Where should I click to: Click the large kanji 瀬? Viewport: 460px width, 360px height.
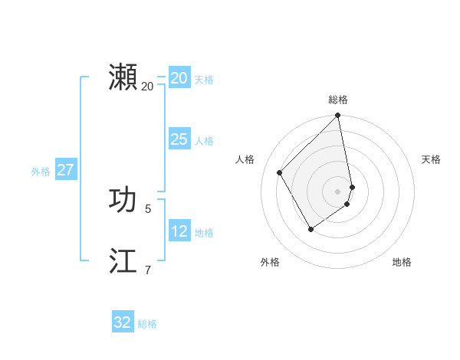[x=123, y=77]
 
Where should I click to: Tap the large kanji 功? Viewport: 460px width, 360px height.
[x=123, y=200]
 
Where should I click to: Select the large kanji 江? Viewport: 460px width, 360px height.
[x=123, y=260]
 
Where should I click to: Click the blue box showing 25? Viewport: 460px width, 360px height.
[x=179, y=139]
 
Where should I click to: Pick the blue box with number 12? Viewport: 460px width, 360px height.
[x=179, y=231]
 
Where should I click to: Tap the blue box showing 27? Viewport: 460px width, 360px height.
[x=65, y=170]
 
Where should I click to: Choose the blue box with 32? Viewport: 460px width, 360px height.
[x=123, y=322]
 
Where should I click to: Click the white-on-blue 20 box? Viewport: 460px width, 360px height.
[x=179, y=78]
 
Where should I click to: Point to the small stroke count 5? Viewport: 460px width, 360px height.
[x=148, y=208]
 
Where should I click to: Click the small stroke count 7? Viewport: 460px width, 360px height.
[x=148, y=269]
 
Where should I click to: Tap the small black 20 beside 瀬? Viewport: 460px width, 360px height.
[x=148, y=86]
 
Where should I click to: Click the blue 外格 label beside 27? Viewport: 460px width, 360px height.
[x=41, y=172]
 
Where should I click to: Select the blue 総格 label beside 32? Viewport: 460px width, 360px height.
[x=147, y=324]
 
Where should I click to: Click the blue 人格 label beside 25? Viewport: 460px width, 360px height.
[x=204, y=141]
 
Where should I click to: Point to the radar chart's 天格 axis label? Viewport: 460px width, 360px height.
[x=431, y=159]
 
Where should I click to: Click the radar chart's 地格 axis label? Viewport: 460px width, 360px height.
[x=402, y=262]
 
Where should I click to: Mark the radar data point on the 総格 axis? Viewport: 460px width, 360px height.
[x=338, y=116]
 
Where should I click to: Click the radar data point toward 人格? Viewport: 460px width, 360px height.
[x=280, y=172]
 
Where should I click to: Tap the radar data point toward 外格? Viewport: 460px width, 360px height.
[x=310, y=228]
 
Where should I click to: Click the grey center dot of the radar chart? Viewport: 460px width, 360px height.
[x=338, y=191]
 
